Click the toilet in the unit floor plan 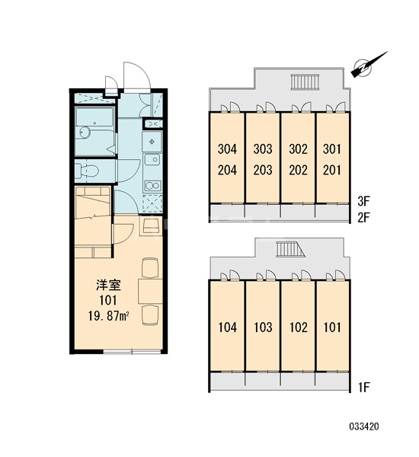point(87,171)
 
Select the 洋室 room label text point(108,286)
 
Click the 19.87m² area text point(109,316)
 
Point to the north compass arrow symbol point(369,65)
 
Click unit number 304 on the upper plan point(228,149)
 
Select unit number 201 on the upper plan point(332,170)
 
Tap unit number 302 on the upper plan point(299,149)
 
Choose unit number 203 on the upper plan point(263,170)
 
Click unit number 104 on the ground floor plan point(228,328)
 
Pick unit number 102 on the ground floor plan point(299,328)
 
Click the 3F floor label point(363,201)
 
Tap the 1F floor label point(363,388)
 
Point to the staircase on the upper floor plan point(305,82)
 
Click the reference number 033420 point(364,427)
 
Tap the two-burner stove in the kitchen point(153,185)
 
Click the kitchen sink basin point(153,159)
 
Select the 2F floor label point(363,217)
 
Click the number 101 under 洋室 point(108,300)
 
